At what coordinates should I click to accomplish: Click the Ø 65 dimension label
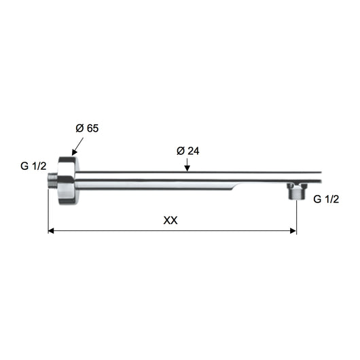(87, 128)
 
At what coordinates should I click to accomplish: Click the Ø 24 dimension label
(188, 151)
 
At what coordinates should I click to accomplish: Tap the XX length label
(170, 220)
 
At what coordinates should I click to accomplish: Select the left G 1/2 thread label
(33, 166)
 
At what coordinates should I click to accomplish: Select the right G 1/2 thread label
(326, 199)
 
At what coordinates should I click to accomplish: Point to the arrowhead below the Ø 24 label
(187, 168)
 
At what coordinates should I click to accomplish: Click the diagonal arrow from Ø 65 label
(77, 147)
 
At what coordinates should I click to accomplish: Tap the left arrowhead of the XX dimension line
(51, 230)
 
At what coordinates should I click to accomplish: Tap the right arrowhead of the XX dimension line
(293, 230)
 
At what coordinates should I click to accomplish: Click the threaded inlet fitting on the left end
(52, 181)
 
